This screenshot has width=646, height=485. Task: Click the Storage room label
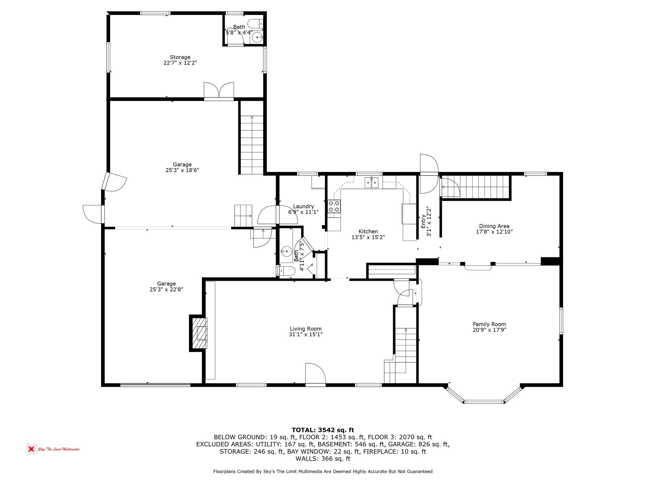180,57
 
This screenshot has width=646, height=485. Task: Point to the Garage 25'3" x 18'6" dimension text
182,170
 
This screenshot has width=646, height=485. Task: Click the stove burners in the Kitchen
334,206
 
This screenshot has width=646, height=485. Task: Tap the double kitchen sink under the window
372,183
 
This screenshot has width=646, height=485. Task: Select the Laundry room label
303,207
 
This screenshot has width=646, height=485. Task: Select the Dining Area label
494,226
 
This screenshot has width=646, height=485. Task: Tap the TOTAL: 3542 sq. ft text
323,430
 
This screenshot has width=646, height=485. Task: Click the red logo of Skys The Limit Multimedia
31,449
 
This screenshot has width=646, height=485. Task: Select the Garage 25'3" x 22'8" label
166,284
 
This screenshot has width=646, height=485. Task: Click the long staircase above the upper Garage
252,145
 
